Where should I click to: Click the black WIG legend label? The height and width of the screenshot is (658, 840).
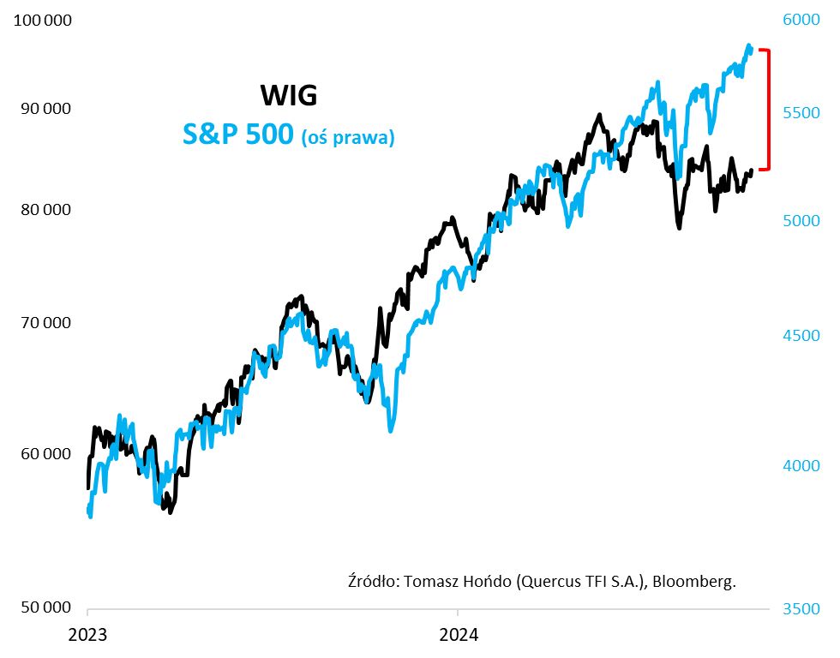288,95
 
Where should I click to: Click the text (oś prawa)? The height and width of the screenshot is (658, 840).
348,138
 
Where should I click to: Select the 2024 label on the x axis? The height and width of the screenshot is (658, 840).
458,636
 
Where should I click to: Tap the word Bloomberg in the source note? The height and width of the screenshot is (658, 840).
694,581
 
